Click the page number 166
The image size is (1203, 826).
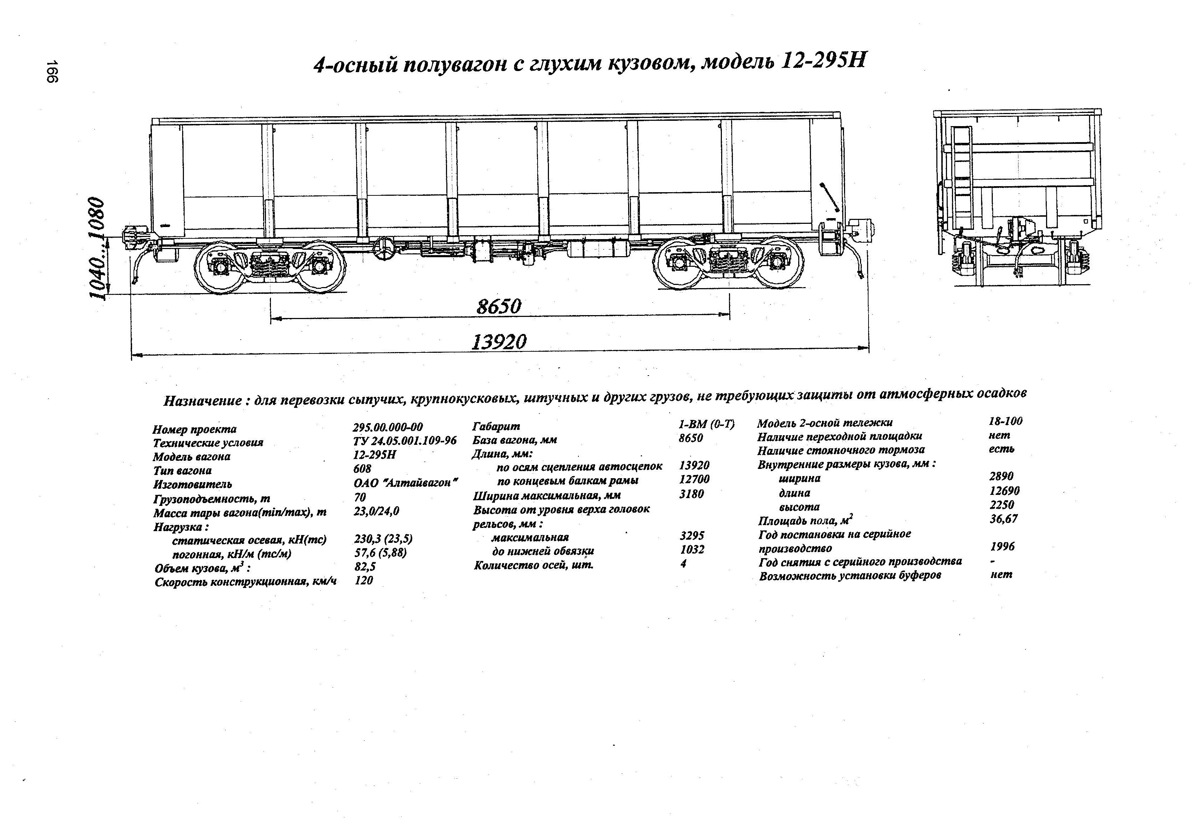click(x=52, y=71)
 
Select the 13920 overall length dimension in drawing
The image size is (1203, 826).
click(x=499, y=342)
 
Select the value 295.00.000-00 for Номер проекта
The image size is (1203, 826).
click(x=388, y=427)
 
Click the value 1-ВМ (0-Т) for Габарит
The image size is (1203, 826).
click(x=706, y=425)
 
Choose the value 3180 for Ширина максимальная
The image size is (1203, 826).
click(x=692, y=494)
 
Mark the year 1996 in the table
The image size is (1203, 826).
click(x=1002, y=546)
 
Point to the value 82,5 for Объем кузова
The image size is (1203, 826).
click(x=365, y=567)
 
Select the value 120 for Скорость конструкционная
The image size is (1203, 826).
click(x=364, y=580)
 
